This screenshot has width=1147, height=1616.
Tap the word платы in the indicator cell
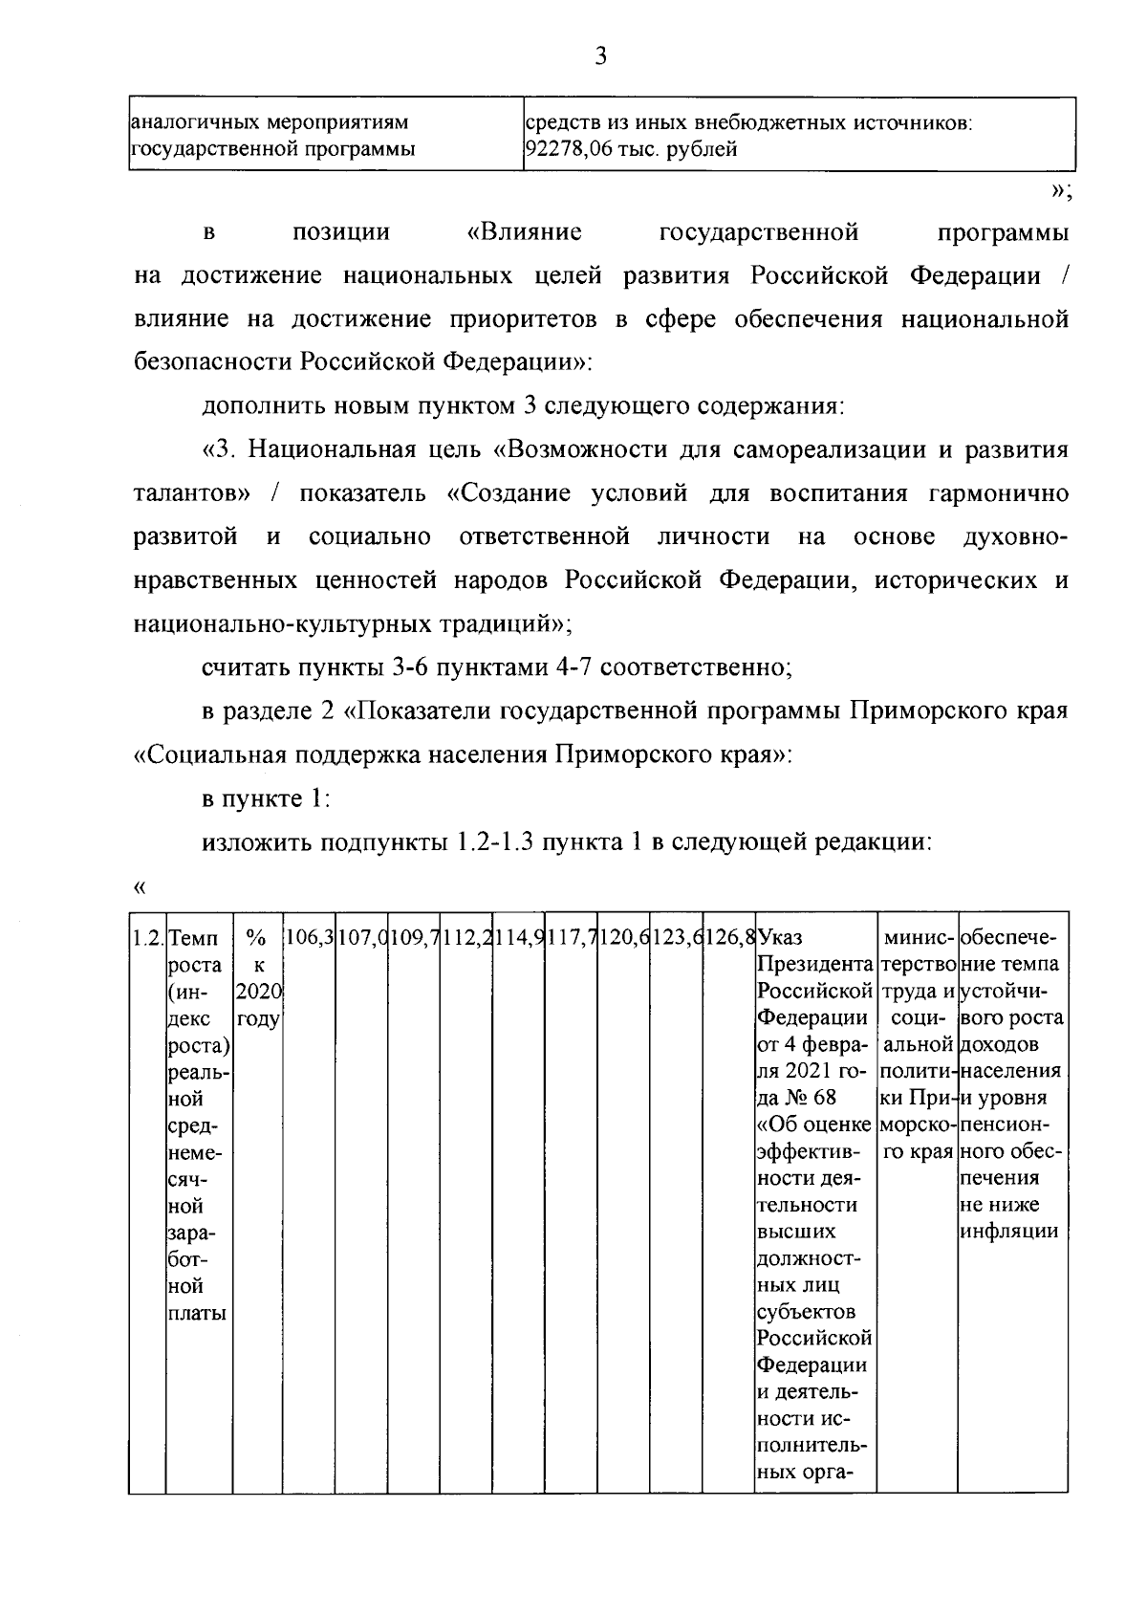tap(197, 1314)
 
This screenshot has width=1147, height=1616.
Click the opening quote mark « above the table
tap(140, 888)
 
